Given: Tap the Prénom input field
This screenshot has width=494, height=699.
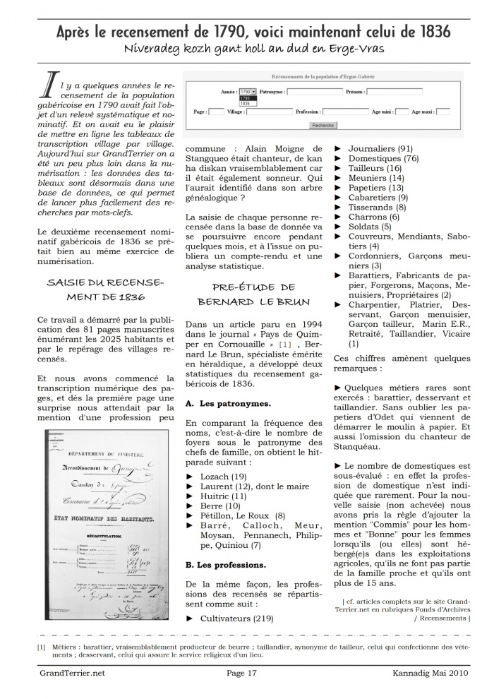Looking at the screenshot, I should click(394, 92).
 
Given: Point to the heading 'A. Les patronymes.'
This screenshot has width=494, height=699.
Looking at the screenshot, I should click(217, 404).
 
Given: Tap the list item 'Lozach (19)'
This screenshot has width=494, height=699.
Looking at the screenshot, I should click(219, 477).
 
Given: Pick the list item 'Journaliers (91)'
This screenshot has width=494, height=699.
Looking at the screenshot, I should click(380, 149).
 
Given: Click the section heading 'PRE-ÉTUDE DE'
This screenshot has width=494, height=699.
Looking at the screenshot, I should click(253, 287).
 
